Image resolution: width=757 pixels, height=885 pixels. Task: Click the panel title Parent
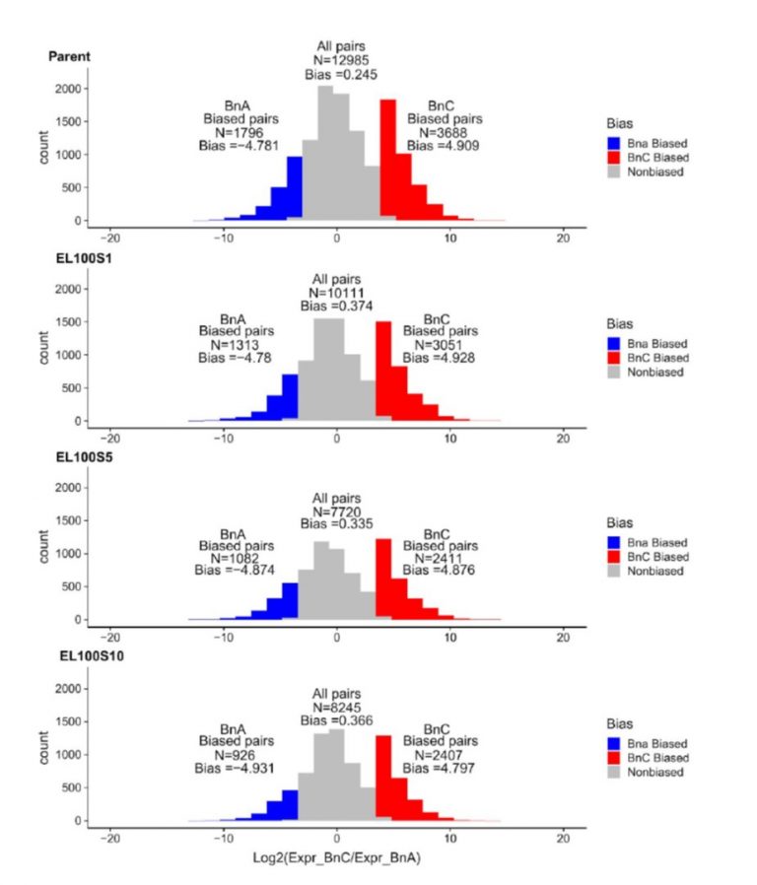coord(70,55)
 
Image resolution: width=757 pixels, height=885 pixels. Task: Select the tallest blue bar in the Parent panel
coord(294,188)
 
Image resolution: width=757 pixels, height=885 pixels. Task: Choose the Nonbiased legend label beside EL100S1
coord(658,372)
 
